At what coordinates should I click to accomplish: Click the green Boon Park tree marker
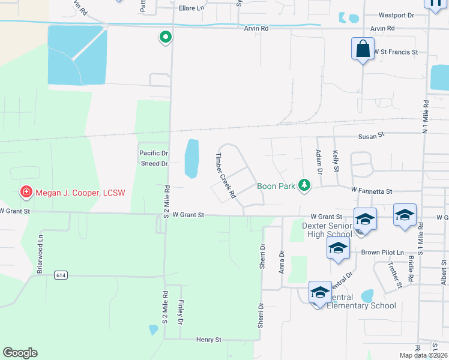point(305,185)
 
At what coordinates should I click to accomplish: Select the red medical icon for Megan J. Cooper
point(26,193)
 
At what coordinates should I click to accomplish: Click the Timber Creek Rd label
point(224,175)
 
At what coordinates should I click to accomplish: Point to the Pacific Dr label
point(154,154)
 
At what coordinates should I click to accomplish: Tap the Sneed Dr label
point(154,163)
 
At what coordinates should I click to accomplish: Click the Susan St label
point(371,137)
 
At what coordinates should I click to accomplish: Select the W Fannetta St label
point(372,191)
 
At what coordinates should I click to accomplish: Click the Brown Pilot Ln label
point(383,253)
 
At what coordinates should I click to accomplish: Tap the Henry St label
point(209,340)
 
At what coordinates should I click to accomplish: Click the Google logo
point(20,353)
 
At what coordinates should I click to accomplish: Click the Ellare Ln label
point(191,8)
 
